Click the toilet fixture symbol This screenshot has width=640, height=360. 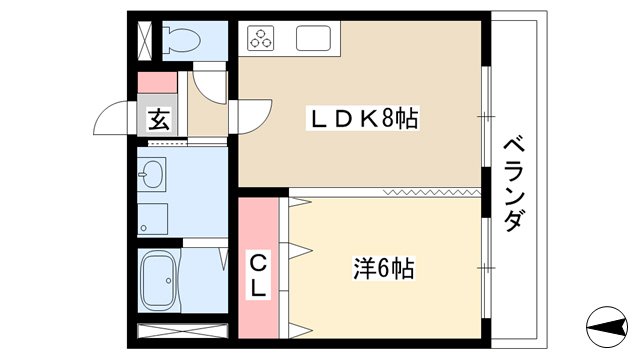pos(181,40)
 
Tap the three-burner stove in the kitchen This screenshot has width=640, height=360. pos(260,38)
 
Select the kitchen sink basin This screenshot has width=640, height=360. pos(313,38)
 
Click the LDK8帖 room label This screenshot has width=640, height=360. pos(362,119)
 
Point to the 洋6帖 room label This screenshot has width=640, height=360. pos(384,269)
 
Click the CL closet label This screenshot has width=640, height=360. pos(258,276)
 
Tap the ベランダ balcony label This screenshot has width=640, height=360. pos(514,185)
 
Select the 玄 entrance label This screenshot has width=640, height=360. pos(158,120)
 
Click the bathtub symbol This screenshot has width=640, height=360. pos(158,280)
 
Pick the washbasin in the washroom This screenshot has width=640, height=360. pos(151,174)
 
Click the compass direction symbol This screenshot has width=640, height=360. pos(607,327)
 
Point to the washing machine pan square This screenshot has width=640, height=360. pos(152,219)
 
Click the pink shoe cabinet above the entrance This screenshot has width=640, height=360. pos(157,82)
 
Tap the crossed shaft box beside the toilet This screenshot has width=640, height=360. pos(145,40)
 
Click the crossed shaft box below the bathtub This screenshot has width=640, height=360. pos(182,331)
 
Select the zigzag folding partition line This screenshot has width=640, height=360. pos(432,192)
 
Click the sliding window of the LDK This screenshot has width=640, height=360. pos(486,117)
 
